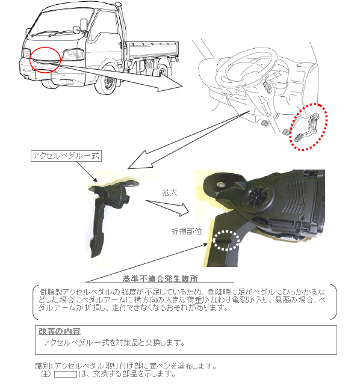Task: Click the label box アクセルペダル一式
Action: click(66, 156)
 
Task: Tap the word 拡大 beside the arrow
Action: click(170, 193)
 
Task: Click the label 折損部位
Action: click(187, 231)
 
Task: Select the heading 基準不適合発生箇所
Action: click(160, 278)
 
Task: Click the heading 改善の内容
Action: click(60, 331)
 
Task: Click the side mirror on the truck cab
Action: click(84, 24)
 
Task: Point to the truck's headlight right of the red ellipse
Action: click(73, 54)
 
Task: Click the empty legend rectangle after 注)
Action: click(66, 374)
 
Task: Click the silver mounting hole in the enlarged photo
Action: click(220, 185)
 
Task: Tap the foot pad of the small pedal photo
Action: click(99, 247)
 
